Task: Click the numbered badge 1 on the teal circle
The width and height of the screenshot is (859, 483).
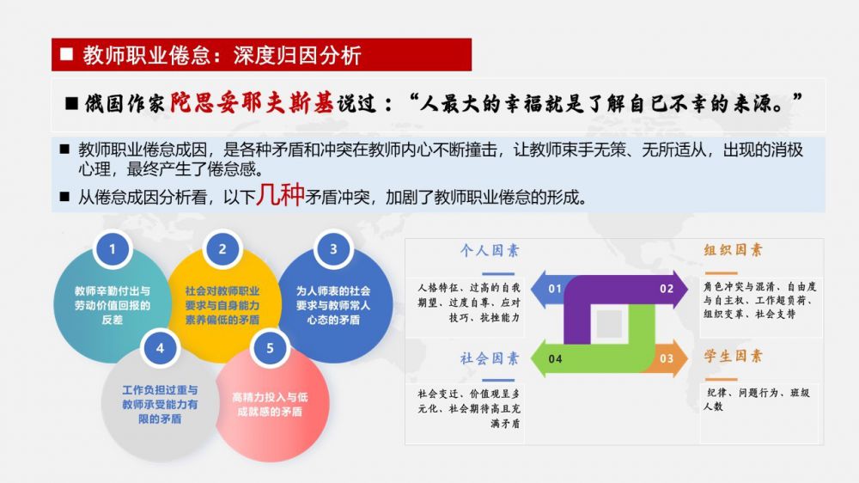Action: (113, 249)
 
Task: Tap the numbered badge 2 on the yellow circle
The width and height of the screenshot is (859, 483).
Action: (222, 249)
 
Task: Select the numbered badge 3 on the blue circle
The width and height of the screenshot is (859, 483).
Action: (333, 249)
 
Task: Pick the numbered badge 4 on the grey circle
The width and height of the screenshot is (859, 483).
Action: (160, 348)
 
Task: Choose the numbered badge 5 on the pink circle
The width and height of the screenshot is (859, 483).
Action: (270, 348)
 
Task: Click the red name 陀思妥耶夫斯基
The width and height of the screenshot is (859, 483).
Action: (252, 102)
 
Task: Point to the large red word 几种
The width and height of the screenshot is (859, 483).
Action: (281, 194)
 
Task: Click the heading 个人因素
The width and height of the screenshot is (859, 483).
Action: (490, 251)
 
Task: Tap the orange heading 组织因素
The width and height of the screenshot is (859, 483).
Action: (733, 250)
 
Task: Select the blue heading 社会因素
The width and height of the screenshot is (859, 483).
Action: (490, 358)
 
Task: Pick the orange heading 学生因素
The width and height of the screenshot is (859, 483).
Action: (733, 357)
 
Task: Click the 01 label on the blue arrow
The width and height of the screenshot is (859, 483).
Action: (555, 289)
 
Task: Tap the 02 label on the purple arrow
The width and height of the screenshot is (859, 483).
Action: (667, 289)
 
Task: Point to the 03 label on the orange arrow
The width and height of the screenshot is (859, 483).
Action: (667, 358)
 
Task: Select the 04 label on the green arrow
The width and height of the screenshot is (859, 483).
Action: (555, 358)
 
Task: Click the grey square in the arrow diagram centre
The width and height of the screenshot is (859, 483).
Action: (609, 323)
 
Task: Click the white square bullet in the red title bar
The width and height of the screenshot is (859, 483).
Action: (67, 54)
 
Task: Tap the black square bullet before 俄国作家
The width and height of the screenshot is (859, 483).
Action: (72, 103)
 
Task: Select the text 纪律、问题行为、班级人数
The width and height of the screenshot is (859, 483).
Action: (757, 400)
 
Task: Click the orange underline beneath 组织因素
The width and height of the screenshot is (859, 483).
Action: (721, 272)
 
